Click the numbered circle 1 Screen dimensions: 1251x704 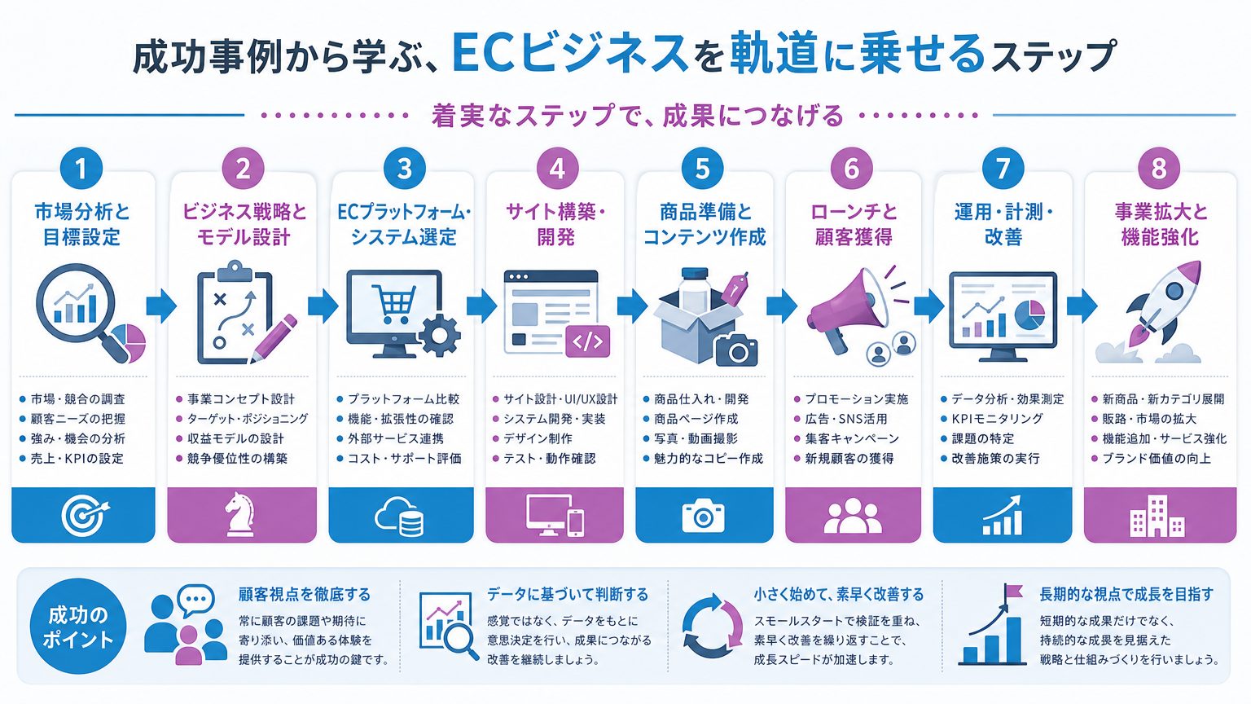[x=81, y=168]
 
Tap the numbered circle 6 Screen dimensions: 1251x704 [x=851, y=168]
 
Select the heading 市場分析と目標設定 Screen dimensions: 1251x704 [x=82, y=224]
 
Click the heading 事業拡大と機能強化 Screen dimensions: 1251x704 [x=1161, y=224]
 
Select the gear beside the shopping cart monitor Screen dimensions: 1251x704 [x=439, y=335]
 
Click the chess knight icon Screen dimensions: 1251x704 [x=240, y=513]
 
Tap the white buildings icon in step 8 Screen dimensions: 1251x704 [x=1157, y=517]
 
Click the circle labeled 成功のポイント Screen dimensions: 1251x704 [x=77, y=627]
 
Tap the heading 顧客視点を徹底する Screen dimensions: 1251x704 [x=305, y=594]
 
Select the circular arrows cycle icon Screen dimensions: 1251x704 [x=712, y=627]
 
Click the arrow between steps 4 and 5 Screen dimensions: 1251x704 [x=632, y=306]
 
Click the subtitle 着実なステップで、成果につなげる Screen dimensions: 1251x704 [x=637, y=116]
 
